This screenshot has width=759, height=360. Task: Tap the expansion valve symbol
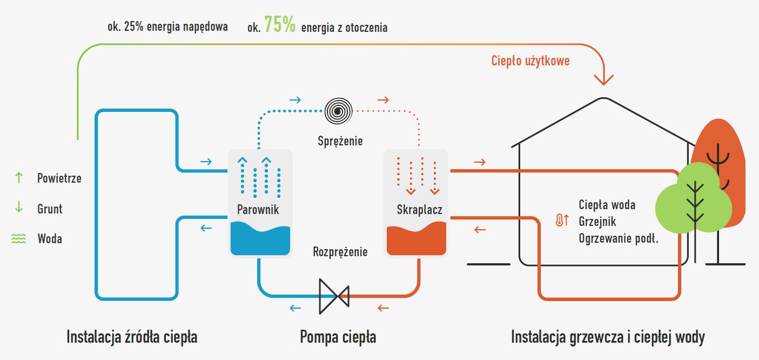334,296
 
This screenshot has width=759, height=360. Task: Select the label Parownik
258,210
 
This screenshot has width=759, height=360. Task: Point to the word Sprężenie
340,142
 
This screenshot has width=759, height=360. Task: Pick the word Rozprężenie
340,252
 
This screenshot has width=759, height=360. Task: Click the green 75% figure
280,25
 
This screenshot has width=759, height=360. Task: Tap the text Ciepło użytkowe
530,61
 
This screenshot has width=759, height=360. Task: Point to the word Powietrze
59,178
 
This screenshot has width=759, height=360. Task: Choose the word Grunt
50,208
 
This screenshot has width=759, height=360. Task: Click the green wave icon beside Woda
19,238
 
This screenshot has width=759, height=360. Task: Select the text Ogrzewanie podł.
619,238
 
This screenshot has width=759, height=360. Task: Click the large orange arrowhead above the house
603,78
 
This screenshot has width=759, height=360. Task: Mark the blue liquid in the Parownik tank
260,242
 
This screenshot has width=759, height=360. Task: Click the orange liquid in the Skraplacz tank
415,242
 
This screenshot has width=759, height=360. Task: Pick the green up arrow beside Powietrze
19,177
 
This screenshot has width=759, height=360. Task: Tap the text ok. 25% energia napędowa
167,26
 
